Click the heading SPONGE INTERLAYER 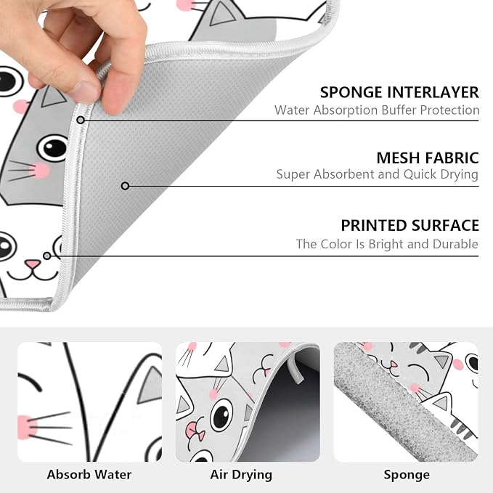[399, 92]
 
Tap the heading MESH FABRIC [428, 158]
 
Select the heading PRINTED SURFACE [410, 225]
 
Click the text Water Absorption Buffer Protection [377, 110]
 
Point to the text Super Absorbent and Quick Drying [378, 174]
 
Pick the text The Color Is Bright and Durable [388, 244]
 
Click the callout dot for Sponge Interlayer [81, 120]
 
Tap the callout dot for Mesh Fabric [125, 186]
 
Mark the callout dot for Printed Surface [47, 256]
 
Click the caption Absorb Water [89, 475]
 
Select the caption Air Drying [241, 475]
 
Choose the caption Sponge [407, 475]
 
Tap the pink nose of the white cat [33, 264]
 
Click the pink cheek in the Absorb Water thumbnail [27, 427]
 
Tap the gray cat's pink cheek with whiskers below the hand [40, 171]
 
